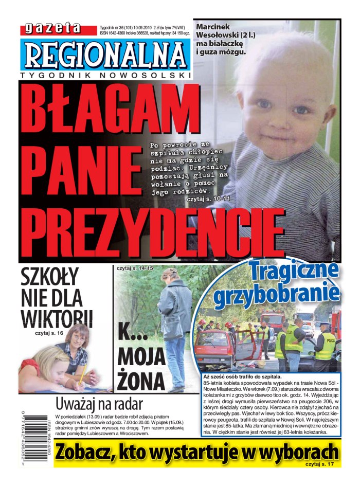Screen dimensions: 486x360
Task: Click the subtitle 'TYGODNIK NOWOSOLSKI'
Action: (x=105, y=76)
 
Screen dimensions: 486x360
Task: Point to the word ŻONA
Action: (x=140, y=381)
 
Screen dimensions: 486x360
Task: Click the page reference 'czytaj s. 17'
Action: (x=322, y=464)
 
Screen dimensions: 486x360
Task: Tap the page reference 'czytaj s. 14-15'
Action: (x=135, y=268)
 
